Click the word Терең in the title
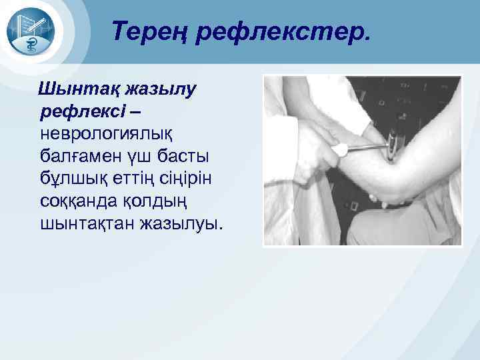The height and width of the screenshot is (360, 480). tap(150, 31)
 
